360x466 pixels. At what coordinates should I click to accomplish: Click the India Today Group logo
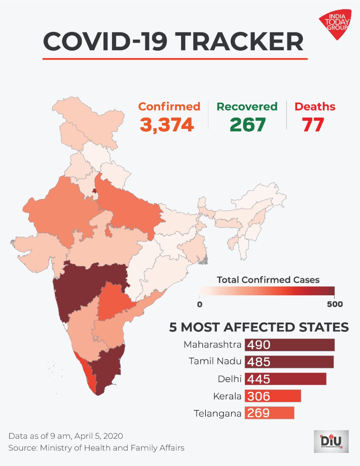[x=335, y=24]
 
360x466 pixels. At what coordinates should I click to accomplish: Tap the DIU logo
[x=331, y=441]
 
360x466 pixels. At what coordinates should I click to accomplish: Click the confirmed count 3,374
[x=167, y=125]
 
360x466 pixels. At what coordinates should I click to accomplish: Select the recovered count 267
[x=247, y=125]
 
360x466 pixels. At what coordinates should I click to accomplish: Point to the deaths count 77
[x=313, y=125]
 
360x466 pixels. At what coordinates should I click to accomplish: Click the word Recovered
[x=247, y=107]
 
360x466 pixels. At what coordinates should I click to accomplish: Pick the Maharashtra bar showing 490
[x=290, y=345]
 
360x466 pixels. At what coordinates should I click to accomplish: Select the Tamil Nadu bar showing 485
[x=289, y=362]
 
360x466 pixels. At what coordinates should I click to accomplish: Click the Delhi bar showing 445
[x=286, y=379]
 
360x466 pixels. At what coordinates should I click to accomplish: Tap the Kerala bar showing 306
[x=273, y=396]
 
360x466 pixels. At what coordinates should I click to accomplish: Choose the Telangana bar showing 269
[x=270, y=413]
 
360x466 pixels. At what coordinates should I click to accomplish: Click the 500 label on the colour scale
[x=335, y=304]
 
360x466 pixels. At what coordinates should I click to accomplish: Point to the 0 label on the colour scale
[x=200, y=304]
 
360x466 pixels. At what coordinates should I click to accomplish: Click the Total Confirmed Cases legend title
[x=268, y=280]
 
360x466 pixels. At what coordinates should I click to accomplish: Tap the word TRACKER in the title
[x=240, y=41]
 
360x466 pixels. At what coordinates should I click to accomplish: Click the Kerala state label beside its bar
[x=227, y=396]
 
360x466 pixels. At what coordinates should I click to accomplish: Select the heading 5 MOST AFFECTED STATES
[x=259, y=327]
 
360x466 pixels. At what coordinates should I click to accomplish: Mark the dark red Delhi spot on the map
[x=94, y=191]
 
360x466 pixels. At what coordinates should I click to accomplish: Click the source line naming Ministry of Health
[x=96, y=448]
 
